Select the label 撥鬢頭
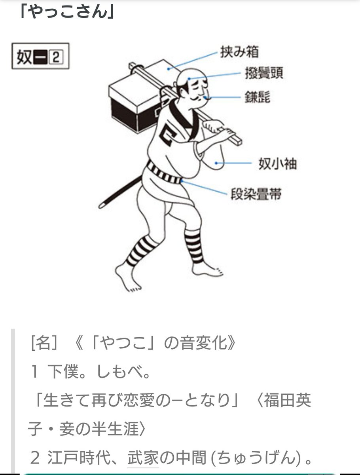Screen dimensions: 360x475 tap(264, 74)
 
